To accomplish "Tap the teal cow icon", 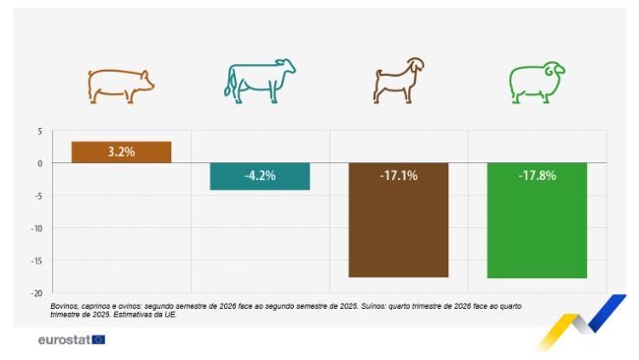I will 260,82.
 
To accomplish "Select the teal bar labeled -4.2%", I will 260,176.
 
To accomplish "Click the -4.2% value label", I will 260,176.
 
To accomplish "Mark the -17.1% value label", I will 398,176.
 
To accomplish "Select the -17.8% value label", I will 537,176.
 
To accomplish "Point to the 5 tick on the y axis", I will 39,131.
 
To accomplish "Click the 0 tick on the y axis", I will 39,163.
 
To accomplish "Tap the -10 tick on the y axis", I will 37,228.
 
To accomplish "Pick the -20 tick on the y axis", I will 37,293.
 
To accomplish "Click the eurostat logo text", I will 63,340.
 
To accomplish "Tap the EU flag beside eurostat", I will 98,340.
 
